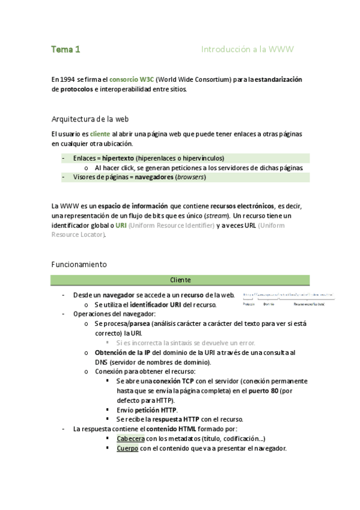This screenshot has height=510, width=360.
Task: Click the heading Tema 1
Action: click(x=66, y=49)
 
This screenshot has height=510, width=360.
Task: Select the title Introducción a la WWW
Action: click(x=247, y=49)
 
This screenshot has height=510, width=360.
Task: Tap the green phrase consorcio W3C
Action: click(x=132, y=79)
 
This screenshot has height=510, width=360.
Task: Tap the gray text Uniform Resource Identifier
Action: click(x=171, y=225)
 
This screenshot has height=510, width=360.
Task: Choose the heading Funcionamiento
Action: click(x=79, y=264)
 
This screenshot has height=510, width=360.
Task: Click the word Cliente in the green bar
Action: click(x=180, y=280)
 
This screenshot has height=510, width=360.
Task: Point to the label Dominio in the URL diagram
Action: click(x=269, y=304)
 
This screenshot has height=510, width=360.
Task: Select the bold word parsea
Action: click(x=138, y=324)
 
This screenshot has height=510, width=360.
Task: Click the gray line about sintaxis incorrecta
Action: click(x=180, y=342)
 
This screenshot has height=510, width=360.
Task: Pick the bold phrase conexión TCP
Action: click(x=170, y=381)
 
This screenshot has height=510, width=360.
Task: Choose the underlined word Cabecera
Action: click(x=131, y=438)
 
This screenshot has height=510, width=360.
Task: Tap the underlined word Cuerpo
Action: click(x=127, y=449)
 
